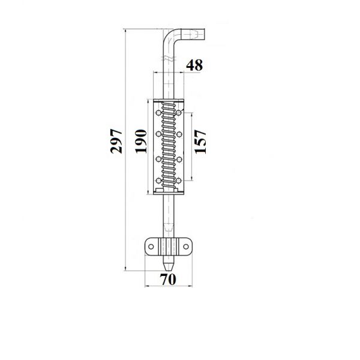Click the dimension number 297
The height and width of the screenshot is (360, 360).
pos(116,141)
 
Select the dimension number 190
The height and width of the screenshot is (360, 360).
pos(141,141)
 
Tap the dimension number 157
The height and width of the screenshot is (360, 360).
pos(200,142)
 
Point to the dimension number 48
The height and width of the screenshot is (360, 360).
pos(194,65)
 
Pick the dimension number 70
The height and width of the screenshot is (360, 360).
pos(168,280)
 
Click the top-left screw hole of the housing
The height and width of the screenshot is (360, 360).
pos(158,113)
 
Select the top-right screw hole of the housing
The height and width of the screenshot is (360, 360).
pos(179,113)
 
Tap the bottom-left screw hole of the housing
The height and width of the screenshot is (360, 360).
pos(158,181)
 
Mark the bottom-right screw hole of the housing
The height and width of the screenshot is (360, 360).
pos(179,181)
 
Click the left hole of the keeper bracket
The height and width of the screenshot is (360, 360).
pos(151,247)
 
